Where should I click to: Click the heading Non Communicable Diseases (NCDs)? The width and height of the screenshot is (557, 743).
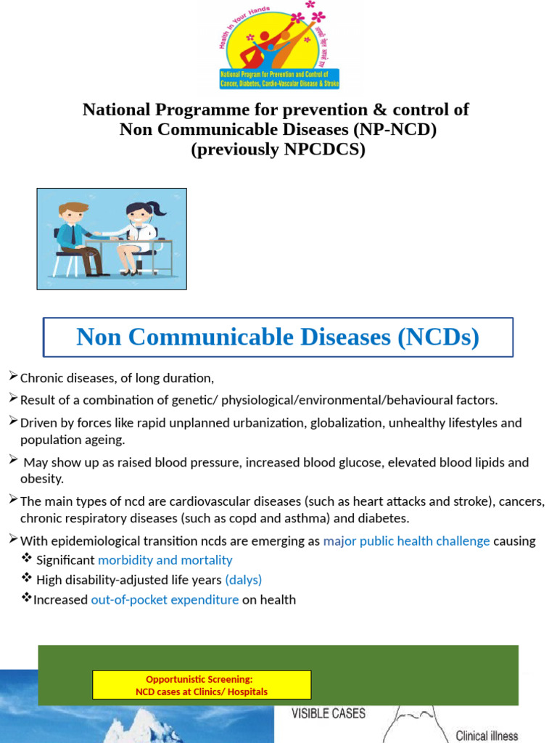tap(278, 337)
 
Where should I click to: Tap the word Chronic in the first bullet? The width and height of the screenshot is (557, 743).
tap(42, 378)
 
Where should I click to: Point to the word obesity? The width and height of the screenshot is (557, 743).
tap(42, 479)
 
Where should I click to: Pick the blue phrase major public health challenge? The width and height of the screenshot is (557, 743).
tap(406, 541)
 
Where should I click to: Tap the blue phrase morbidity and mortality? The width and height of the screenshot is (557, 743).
tap(165, 560)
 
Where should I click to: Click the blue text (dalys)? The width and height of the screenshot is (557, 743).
tap(244, 580)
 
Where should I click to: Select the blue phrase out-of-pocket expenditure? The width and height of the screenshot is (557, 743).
tap(165, 599)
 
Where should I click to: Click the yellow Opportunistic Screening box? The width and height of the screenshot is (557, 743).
tap(202, 685)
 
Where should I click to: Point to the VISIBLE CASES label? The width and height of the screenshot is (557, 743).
tap(329, 713)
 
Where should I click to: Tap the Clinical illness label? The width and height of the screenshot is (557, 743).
tap(487, 735)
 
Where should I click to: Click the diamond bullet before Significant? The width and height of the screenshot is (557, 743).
tap(27, 559)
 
